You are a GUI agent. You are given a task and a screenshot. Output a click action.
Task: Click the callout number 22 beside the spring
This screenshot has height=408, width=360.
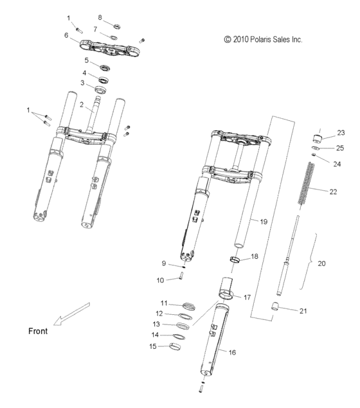(332, 192)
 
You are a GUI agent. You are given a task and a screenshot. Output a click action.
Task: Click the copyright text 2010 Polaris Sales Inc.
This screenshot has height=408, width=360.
(263, 39)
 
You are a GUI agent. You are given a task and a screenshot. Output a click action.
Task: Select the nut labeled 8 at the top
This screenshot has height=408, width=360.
(118, 26)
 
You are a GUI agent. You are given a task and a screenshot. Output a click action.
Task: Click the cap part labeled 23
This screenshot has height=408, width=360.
(317, 138)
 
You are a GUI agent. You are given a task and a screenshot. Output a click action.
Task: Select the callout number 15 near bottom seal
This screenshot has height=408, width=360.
(154, 346)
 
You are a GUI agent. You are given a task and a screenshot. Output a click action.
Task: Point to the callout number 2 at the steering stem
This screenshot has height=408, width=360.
(81, 104)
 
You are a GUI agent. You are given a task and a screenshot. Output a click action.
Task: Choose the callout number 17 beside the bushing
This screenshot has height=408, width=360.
(247, 297)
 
